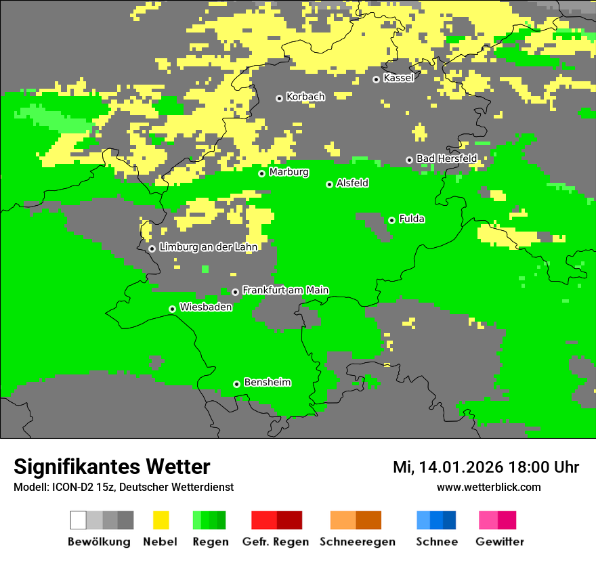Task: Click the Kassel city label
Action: pyautogui.click(x=398, y=78)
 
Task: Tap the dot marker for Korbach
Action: pyautogui.click(x=279, y=98)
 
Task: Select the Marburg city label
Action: pyautogui.click(x=289, y=172)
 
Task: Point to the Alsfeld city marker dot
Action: pyautogui.click(x=329, y=184)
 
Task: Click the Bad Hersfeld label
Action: pyautogui.click(x=446, y=158)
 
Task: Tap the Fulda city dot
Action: pyautogui.click(x=391, y=220)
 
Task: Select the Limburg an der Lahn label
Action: pyautogui.click(x=208, y=247)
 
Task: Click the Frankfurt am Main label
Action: pyautogui.click(x=285, y=290)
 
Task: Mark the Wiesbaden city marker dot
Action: pyautogui.click(x=172, y=309)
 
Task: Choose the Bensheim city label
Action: pyautogui.click(x=267, y=383)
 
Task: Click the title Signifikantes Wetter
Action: pyautogui.click(x=112, y=467)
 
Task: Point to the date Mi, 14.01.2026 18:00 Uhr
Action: pyautogui.click(x=486, y=467)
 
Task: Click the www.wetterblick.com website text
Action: pyautogui.click(x=488, y=487)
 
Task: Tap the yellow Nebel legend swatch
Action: pyautogui.click(x=161, y=520)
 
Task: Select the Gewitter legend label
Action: pyautogui.click(x=500, y=542)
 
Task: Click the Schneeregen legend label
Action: pyautogui.click(x=356, y=542)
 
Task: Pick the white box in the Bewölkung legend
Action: pyautogui.click(x=79, y=520)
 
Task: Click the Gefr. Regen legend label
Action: pyautogui.click(x=276, y=542)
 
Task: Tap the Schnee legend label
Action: pyautogui.click(x=436, y=542)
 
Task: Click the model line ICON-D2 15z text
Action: pyautogui.click(x=123, y=487)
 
